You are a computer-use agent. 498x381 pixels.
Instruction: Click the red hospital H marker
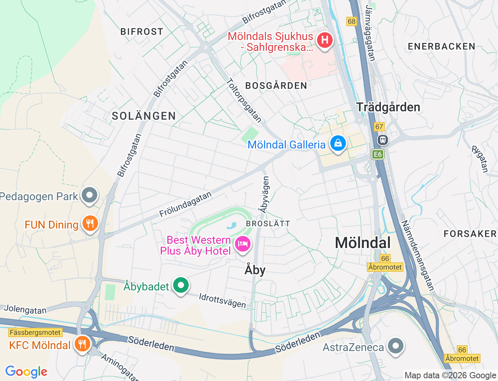[x=324, y=40]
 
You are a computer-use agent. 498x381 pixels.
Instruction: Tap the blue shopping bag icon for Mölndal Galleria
[x=338, y=143]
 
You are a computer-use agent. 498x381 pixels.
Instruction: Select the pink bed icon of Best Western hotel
[x=243, y=244]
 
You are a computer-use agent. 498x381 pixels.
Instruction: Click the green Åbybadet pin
[x=181, y=285]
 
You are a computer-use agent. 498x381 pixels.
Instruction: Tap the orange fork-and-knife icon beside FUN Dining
[x=90, y=223]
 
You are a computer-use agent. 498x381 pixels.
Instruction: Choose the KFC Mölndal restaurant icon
[x=82, y=344]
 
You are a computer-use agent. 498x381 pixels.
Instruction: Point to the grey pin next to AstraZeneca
[x=396, y=345]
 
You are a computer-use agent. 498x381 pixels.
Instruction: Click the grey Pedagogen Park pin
[x=90, y=194]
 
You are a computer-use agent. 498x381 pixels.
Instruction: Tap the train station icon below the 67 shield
[x=383, y=140]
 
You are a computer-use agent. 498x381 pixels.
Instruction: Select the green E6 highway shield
[x=377, y=154]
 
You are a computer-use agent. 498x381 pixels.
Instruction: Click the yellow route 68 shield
[x=352, y=21]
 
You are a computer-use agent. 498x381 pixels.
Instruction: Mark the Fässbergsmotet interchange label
[x=35, y=333]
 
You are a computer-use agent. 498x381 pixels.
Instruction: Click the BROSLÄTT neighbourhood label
[x=268, y=224]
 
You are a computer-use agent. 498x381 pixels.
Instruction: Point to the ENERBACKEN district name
[x=442, y=47]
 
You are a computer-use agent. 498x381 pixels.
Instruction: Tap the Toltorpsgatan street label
[x=244, y=100]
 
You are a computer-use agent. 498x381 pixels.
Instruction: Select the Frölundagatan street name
[x=186, y=204]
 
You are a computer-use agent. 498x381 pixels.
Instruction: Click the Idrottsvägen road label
[x=223, y=301]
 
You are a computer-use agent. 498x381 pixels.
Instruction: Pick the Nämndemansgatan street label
[x=417, y=255]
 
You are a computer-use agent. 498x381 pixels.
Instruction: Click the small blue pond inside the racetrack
[x=232, y=225]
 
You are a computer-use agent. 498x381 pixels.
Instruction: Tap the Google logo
[x=26, y=372]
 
